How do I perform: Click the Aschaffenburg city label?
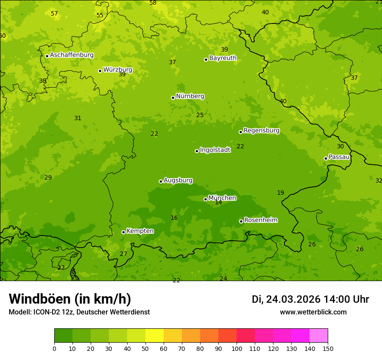tap(72, 55)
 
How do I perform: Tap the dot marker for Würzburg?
tap(100, 71)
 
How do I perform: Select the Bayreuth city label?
tap(223, 58)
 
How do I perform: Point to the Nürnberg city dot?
tap(173, 98)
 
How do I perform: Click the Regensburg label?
tap(261, 131)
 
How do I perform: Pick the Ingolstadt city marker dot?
tap(197, 151)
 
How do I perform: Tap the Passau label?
tap(339, 157)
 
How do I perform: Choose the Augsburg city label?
tap(178, 180)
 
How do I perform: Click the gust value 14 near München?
tap(218, 203)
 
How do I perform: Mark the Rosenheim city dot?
tap(241, 221)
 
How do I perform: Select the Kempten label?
tap(140, 231)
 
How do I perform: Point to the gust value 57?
tap(54, 14)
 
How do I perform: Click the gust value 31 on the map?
tap(78, 118)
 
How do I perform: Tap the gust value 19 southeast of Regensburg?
tap(280, 193)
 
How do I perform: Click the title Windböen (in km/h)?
tap(70, 299)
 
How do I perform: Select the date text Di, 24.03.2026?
tap(286, 299)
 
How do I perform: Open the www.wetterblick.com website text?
tap(313, 312)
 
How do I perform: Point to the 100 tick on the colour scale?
tap(237, 349)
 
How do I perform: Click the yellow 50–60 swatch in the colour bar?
tap(155, 336)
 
